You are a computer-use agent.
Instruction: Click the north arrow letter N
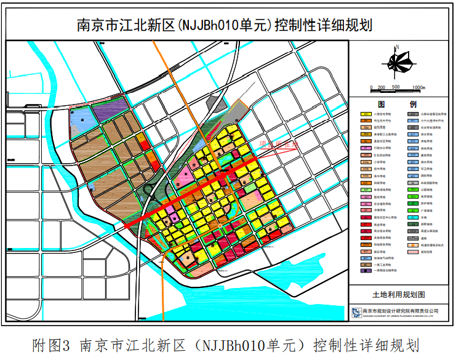398,47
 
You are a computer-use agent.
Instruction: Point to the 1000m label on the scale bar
419,87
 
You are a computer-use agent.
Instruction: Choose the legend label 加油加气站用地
384,259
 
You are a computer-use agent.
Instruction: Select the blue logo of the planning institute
356,312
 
